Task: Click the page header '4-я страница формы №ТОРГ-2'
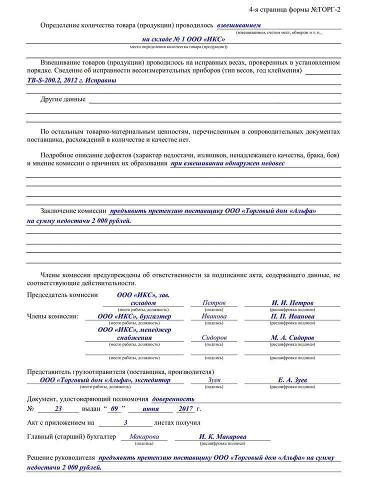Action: click(x=295, y=9)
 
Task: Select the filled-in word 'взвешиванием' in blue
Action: click(x=239, y=25)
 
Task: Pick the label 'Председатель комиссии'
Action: click(x=62, y=295)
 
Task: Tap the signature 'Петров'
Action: click(x=214, y=303)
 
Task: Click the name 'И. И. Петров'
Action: click(x=292, y=303)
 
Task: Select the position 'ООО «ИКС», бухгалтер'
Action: click(x=134, y=316)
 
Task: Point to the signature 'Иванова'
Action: click(x=214, y=316)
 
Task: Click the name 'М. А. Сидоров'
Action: click(x=292, y=338)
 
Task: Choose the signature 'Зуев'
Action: click(x=214, y=380)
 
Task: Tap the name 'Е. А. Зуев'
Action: click(x=292, y=380)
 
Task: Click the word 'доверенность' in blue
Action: click(x=173, y=399)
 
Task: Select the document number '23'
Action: click(x=58, y=409)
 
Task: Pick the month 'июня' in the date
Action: click(x=150, y=409)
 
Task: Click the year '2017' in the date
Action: click(x=185, y=409)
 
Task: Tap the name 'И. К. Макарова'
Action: click(x=222, y=436)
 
